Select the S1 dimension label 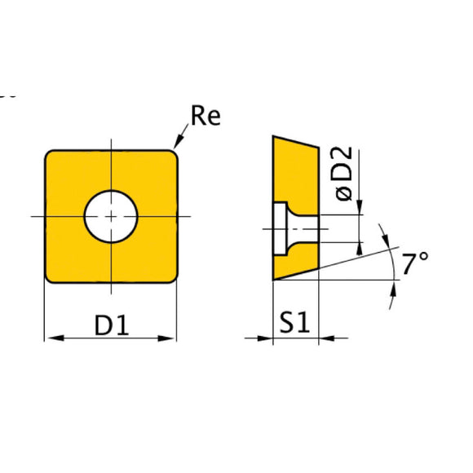pos(295,325)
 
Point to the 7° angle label pos(416,263)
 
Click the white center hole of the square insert pos(112,216)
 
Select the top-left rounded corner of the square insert pos(51,155)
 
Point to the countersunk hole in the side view pos(286,230)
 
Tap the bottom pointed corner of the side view pos(273,280)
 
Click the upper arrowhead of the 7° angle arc pos(388,242)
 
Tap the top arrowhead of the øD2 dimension pos(360,210)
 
